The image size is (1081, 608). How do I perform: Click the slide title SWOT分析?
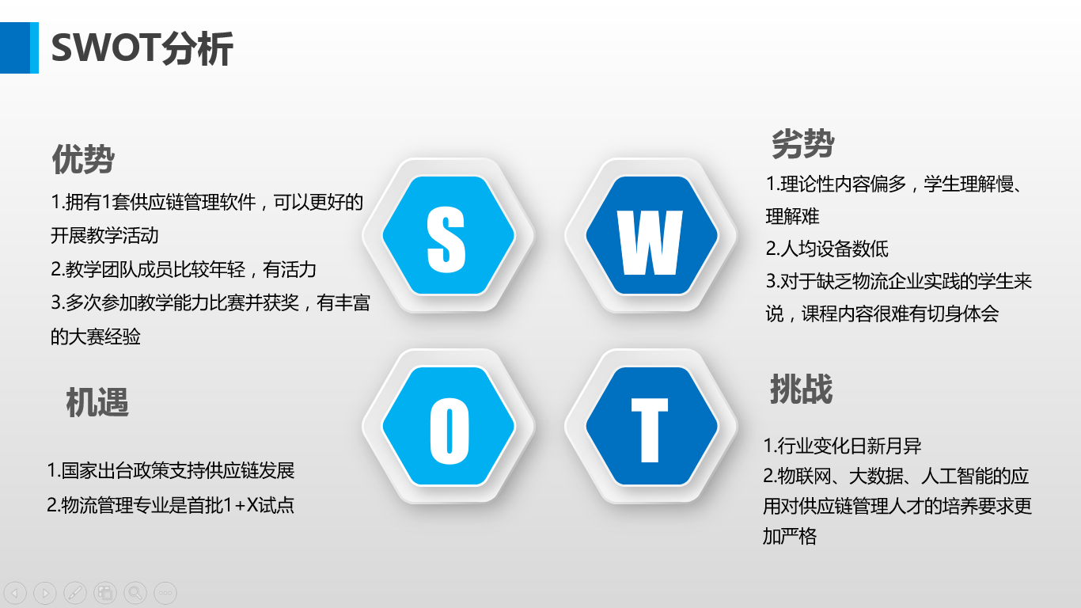(x=142, y=48)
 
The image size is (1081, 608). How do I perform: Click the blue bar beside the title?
(x=19, y=47)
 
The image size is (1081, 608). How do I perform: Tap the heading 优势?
(x=83, y=159)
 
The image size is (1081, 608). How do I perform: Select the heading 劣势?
(x=803, y=143)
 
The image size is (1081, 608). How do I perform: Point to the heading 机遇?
(x=97, y=402)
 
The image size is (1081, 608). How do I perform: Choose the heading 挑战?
(x=801, y=389)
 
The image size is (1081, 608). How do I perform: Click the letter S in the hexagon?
(x=446, y=239)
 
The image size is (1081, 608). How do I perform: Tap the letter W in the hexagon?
(x=650, y=242)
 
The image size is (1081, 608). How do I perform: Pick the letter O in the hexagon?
(x=449, y=431)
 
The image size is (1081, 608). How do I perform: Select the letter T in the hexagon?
(x=650, y=431)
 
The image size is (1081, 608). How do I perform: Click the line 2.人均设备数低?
(x=827, y=249)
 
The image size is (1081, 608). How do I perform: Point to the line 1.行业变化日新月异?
(x=843, y=445)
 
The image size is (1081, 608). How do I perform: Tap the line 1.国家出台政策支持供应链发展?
(x=171, y=470)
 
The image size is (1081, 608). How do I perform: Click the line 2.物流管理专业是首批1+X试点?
(x=171, y=505)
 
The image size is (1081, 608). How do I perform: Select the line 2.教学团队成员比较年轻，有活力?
(x=184, y=269)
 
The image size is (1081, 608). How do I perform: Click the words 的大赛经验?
(x=96, y=336)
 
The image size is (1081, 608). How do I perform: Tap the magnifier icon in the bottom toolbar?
(x=135, y=592)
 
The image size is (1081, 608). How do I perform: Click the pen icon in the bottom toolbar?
(x=75, y=592)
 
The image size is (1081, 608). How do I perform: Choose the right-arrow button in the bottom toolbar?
(x=45, y=592)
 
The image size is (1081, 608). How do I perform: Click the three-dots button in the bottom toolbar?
(x=165, y=592)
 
